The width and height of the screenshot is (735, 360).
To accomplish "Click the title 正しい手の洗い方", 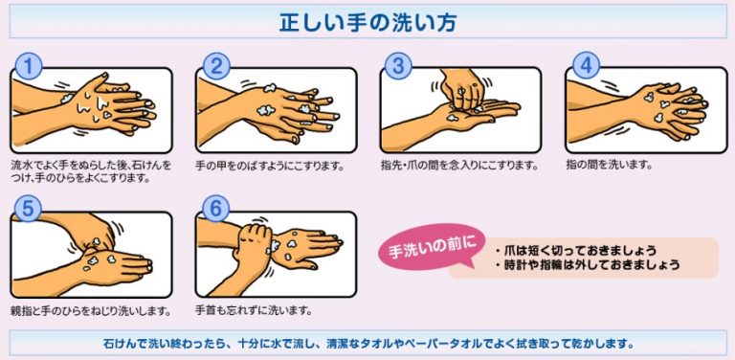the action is pos(367,22).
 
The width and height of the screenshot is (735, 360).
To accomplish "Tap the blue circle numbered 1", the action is pos(29,66).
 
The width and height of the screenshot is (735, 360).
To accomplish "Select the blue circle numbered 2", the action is pos(216,66).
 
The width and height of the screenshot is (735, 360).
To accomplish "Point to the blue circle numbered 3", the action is pos(398,66).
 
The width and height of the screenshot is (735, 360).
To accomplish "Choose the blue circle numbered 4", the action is pos(586,66).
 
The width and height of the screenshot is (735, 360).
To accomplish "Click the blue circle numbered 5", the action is pos(29,210).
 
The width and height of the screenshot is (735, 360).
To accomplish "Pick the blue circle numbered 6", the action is pos(216,210).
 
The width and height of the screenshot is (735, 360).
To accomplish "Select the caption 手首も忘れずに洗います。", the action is pos(253,310).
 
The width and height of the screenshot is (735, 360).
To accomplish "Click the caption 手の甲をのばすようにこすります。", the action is pos(270,166).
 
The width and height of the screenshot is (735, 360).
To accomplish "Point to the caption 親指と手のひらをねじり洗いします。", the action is pos(90,311).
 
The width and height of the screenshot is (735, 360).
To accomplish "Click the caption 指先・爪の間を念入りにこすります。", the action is pos(458,165).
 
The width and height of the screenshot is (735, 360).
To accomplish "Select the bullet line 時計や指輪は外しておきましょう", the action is pos(588,265).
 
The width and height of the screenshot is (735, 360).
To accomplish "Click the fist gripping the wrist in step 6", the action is pos(253,244).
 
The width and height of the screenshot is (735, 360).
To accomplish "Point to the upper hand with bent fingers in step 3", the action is pos(461,88).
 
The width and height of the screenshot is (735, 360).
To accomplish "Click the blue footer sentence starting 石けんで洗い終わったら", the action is pos(367,343).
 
